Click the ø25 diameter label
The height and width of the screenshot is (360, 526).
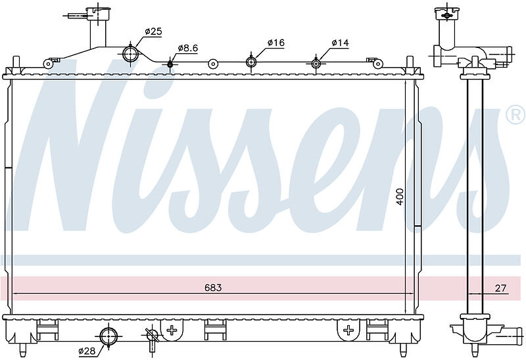point(153,31)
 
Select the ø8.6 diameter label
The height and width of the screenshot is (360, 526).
point(187,48)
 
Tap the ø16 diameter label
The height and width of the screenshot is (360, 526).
point(275,43)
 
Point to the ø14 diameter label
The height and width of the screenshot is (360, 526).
point(340,43)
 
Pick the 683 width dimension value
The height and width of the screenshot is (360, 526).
point(212,288)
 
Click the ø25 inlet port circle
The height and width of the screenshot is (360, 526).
point(130,53)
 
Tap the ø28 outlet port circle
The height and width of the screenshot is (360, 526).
point(109,332)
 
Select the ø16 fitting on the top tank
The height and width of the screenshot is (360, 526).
point(251,62)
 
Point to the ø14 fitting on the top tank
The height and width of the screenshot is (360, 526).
point(316,63)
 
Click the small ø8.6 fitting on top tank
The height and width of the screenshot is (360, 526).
point(170,64)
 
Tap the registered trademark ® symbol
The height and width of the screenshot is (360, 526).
point(514,116)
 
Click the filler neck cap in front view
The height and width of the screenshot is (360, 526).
point(97,11)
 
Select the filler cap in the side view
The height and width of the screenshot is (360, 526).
point(447,13)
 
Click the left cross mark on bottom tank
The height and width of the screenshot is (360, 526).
point(172,329)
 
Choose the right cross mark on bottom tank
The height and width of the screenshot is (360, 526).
point(347,329)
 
